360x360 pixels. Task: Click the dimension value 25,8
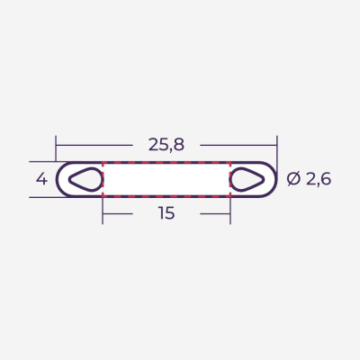pos(166,143)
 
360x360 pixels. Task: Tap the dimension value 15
pos(166,213)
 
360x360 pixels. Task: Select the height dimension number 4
pos(40,179)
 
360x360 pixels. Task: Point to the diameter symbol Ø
pos(293,179)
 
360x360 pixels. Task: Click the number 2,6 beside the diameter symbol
pos(319,179)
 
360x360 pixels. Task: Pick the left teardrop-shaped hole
pos(85,179)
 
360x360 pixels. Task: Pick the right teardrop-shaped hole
pos(248,179)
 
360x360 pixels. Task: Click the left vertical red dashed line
pos(103,179)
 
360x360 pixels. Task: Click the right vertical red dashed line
pos(230,179)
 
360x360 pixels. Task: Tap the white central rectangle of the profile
pos(166,179)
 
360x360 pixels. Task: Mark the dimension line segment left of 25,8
pos(94,143)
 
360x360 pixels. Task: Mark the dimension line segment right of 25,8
pos(238,143)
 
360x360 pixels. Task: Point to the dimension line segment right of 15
pos(214,213)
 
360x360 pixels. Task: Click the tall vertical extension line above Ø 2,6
pos(277,148)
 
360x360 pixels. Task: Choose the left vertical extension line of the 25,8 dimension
pos(56,148)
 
